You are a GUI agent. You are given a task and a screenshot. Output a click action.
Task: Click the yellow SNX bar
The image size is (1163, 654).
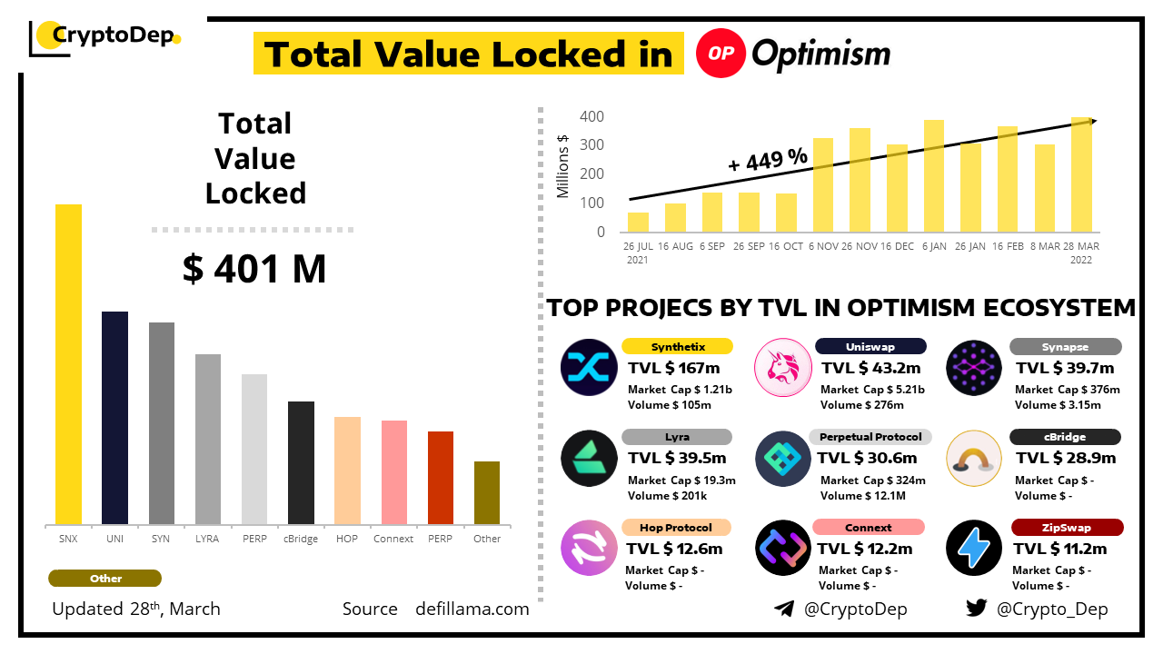(68, 363)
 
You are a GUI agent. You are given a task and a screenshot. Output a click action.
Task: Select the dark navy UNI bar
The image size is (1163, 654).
(114, 418)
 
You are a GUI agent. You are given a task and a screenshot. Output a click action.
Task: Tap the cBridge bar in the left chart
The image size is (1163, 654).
(301, 462)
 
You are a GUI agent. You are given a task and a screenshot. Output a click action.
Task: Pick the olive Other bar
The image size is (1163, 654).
(487, 492)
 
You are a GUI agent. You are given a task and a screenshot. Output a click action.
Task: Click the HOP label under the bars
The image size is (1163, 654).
(347, 539)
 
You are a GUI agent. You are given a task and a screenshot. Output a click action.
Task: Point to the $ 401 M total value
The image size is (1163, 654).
(254, 269)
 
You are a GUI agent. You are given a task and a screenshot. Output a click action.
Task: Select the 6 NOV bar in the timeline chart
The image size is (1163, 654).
(823, 184)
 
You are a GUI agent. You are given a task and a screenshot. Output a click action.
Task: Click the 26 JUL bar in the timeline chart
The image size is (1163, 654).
(638, 222)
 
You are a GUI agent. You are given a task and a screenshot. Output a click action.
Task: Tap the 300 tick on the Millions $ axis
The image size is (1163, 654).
(592, 145)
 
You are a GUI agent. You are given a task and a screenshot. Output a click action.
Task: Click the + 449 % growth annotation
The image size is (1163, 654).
(768, 160)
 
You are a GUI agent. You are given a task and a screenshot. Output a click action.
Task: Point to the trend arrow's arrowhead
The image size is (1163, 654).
(1092, 121)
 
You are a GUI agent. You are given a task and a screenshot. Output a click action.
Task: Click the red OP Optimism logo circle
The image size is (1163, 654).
(721, 54)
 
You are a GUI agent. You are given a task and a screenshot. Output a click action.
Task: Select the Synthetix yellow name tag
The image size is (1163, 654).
(678, 346)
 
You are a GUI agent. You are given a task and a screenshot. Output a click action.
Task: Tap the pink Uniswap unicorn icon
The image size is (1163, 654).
(782, 367)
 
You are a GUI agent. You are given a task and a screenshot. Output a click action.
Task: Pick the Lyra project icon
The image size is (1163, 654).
(588, 458)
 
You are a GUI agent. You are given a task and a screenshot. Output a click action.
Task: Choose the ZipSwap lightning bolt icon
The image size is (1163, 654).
(973, 548)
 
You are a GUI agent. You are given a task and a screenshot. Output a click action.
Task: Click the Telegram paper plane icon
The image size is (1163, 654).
(784, 609)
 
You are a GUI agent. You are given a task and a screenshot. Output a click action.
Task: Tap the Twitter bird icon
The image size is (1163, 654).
(976, 609)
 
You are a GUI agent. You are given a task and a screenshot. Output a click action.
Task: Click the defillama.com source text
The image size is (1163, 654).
(472, 609)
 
